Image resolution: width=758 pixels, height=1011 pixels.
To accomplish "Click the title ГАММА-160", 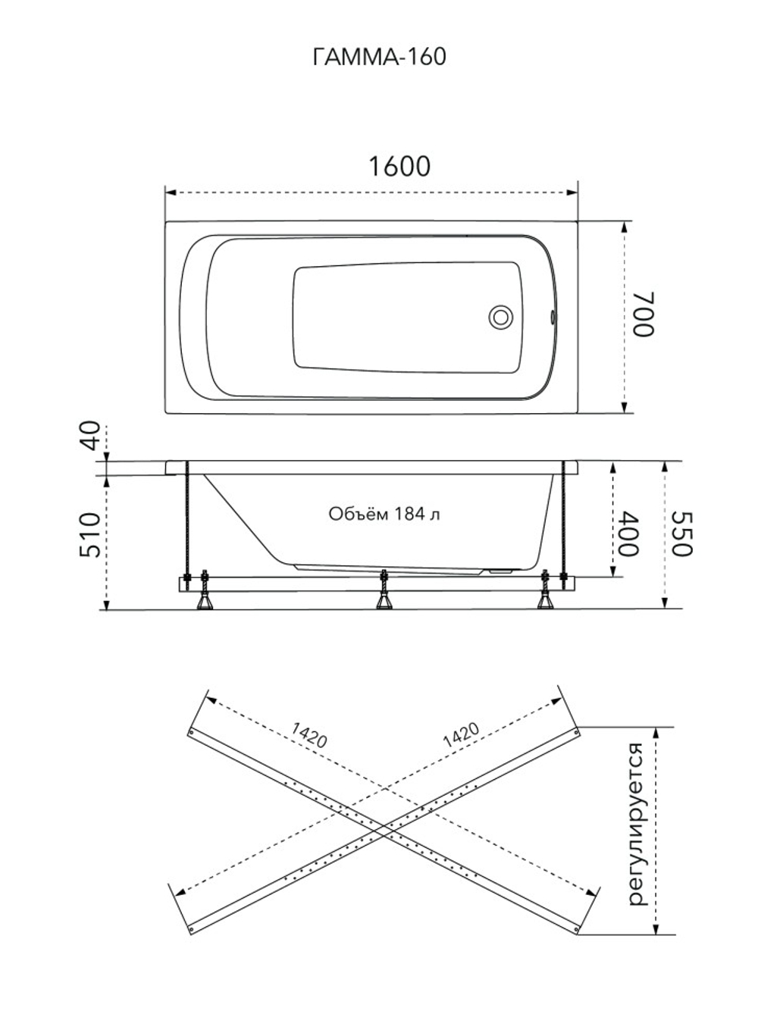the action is click(379, 57).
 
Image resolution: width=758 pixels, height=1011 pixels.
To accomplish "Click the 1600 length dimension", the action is click(399, 166).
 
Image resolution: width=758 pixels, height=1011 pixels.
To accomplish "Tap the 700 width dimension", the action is click(643, 315).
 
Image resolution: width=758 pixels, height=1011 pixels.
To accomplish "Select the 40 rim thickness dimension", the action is click(91, 435).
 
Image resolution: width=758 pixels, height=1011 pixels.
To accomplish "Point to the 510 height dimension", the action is click(89, 535).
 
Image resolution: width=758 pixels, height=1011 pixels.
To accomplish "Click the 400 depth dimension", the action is click(628, 534).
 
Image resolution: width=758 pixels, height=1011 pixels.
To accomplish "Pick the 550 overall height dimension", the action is click(681, 534).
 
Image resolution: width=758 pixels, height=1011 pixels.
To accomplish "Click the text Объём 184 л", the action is click(384, 514).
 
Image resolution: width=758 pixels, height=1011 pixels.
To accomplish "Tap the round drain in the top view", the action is click(500, 318).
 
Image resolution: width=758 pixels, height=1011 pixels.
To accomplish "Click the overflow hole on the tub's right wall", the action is click(553, 317).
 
